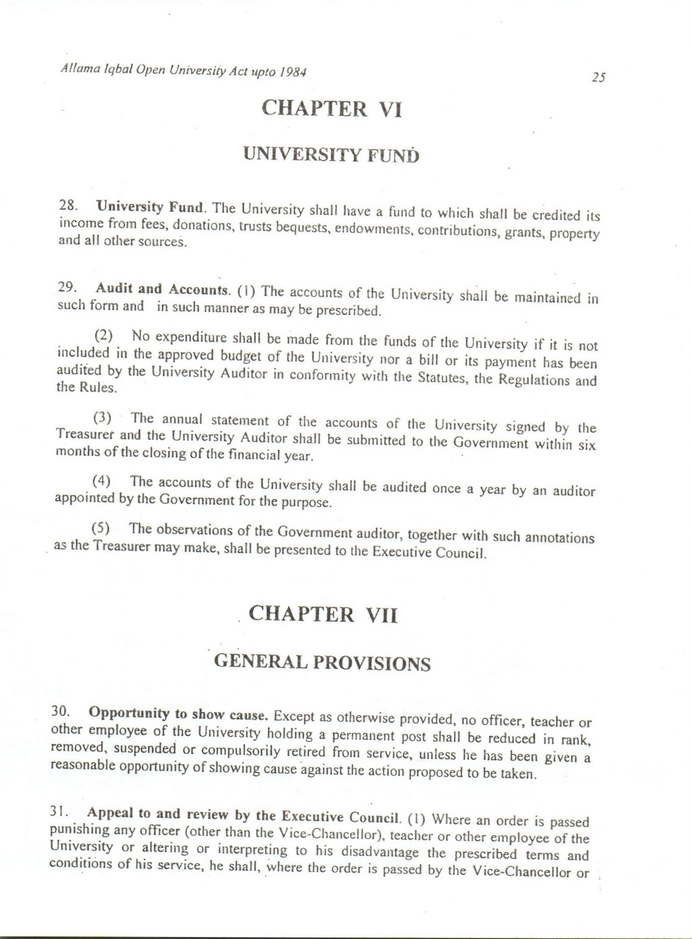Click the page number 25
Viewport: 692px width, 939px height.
click(598, 77)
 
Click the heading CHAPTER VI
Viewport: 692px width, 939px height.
click(331, 109)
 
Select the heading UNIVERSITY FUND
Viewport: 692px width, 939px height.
click(331, 155)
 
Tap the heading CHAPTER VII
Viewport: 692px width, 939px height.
click(323, 614)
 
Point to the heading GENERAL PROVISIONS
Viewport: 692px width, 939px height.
click(322, 663)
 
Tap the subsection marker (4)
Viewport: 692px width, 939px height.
click(101, 481)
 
